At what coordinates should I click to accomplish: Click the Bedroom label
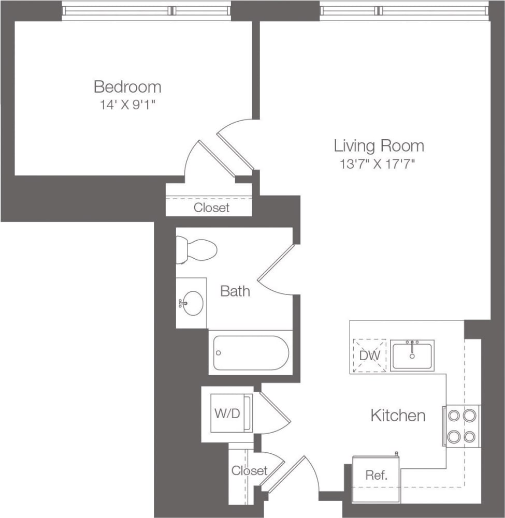tap(127, 86)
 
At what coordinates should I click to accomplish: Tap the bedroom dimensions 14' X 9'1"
tap(127, 105)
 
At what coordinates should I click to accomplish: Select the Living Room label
tap(379, 146)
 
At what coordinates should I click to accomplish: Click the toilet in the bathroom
tap(196, 249)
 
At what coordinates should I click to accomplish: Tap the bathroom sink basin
tap(193, 303)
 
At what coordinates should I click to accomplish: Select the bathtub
tap(251, 353)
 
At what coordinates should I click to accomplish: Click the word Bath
tap(235, 291)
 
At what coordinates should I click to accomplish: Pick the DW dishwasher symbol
tap(369, 356)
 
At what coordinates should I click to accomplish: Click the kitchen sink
tap(412, 356)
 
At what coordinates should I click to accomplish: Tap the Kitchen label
tap(398, 415)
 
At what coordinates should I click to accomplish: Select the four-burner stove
tap(461, 426)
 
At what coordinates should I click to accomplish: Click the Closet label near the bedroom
tap(211, 208)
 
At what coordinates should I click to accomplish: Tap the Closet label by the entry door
tap(249, 471)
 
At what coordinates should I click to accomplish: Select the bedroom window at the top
tap(146, 10)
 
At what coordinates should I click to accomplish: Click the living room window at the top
tap(404, 10)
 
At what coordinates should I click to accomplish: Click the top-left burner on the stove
tap(454, 416)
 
